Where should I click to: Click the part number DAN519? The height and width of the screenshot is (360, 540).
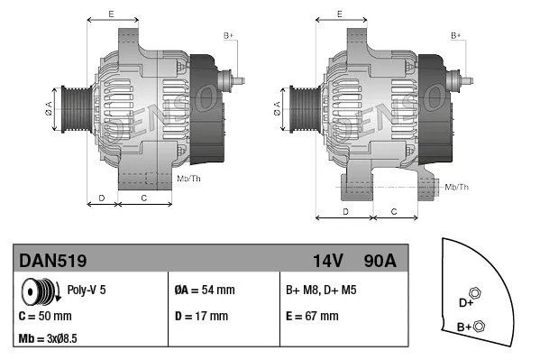52,261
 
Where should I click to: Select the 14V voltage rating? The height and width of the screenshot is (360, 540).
329,261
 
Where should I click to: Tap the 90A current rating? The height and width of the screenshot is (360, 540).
379,261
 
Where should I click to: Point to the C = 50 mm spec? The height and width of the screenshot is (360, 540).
45,316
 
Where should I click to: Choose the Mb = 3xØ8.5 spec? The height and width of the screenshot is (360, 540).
50,338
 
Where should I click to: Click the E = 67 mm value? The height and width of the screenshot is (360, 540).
312,316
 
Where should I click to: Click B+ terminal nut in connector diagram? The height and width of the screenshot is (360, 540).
480,326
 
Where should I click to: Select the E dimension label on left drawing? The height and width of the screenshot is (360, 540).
110,14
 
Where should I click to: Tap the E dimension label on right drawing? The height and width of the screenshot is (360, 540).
339,14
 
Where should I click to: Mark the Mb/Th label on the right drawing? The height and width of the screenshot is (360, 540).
457,187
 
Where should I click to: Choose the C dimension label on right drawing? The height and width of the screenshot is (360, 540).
394,210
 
